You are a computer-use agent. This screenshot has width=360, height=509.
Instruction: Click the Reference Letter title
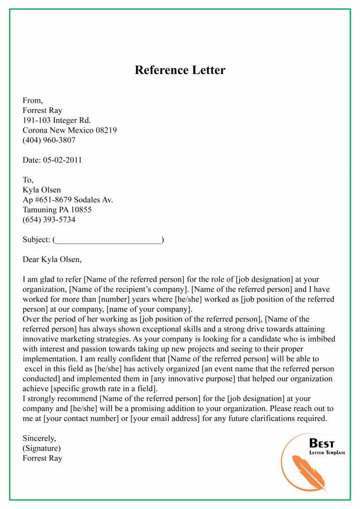[180, 70]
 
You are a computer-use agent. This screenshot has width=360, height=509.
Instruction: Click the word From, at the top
[33, 100]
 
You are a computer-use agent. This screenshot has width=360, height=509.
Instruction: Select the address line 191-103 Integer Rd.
[57, 120]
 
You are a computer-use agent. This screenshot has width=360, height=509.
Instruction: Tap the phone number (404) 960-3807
[49, 140]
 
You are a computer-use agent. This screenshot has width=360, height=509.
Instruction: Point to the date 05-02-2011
[62, 160]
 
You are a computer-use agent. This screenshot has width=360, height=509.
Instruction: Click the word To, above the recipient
[28, 180]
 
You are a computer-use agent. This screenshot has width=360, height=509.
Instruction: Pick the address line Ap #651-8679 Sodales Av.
[68, 200]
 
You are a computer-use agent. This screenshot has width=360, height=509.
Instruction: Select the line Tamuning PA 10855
[57, 210]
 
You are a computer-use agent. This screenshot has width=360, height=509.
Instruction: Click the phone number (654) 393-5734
[49, 220]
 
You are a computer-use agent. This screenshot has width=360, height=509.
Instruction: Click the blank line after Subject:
[108, 240]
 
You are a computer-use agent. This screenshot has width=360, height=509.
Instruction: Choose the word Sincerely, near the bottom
[39, 439]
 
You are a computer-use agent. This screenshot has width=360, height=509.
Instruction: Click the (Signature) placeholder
[42, 449]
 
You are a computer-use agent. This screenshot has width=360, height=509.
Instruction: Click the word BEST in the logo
[322, 443]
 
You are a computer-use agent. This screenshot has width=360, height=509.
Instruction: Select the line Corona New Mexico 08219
[70, 130]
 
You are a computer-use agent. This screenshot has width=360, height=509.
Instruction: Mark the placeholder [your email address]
[165, 419]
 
